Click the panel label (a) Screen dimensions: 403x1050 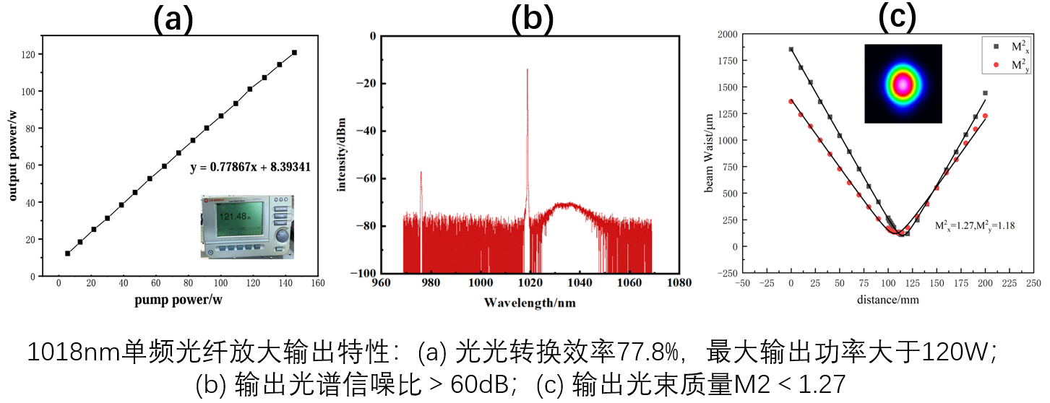coord(173,19)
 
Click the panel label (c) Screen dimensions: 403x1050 coord(896,17)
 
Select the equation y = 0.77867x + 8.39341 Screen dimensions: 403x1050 coord(250,167)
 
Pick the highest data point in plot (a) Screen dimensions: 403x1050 coord(294,53)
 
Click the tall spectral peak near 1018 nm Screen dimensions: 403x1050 coord(528,70)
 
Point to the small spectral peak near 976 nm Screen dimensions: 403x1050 coord(421,173)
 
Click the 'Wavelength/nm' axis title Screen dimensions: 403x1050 coord(530,303)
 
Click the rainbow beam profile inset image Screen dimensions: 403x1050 coord(903,83)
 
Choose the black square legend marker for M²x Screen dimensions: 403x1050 coord(996,46)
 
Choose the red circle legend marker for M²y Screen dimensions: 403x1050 coord(996,65)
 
